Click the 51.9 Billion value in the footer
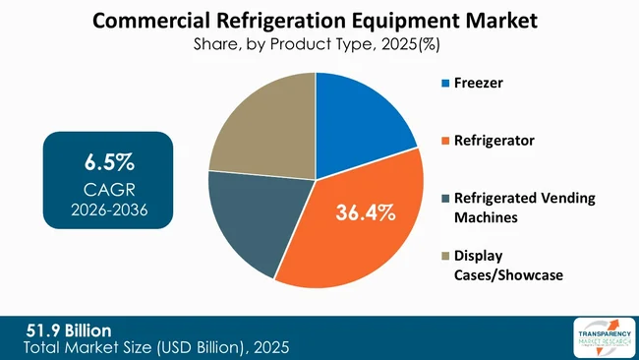tap(68, 329)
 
